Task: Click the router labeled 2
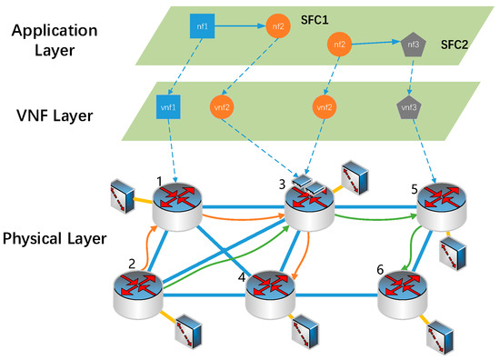tap(138, 291)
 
